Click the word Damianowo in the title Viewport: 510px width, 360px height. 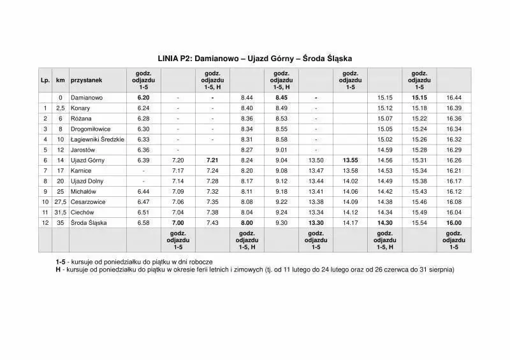point(216,58)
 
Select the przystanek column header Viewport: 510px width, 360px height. point(85,80)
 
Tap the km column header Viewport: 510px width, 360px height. point(61,80)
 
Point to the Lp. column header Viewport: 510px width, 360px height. point(45,80)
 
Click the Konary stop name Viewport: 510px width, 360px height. point(80,108)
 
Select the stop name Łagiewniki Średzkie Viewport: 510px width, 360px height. point(97,140)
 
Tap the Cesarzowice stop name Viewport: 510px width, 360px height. point(88,201)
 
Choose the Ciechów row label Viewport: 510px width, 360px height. point(83,212)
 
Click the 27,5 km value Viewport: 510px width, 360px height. point(61,201)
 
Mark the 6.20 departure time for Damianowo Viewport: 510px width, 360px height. point(143,98)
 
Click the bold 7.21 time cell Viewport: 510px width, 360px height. point(212,160)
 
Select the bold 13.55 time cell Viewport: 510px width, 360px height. point(350,160)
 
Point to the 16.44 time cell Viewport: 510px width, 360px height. point(454,98)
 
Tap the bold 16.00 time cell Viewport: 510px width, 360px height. point(454,222)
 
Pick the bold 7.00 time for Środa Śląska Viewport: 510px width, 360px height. point(178,222)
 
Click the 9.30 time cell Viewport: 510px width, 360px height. point(281,222)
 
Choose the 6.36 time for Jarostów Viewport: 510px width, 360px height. point(143,150)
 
